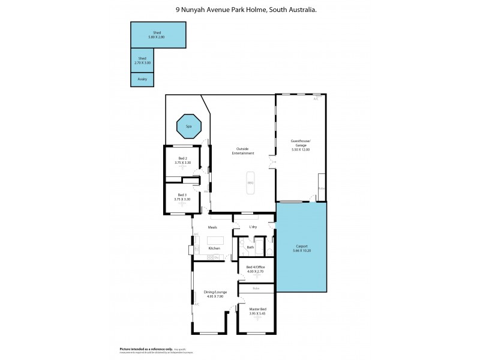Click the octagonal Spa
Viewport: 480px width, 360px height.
pyautogui.click(x=188, y=127)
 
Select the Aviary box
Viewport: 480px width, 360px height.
pyautogui.click(x=142, y=79)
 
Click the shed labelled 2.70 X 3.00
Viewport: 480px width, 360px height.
pyautogui.click(x=142, y=60)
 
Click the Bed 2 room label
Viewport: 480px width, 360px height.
pyautogui.click(x=182, y=159)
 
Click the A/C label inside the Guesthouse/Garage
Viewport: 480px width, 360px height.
pyautogui.click(x=316, y=99)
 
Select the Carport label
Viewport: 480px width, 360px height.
pyautogui.click(x=302, y=245)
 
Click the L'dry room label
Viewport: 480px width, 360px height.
pyautogui.click(x=253, y=227)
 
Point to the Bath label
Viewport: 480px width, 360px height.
pyautogui.click(x=250, y=247)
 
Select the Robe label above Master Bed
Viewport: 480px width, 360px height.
pyautogui.click(x=256, y=288)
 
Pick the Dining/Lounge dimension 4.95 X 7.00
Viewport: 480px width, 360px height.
pyautogui.click(x=214, y=296)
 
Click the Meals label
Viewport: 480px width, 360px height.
pyautogui.click(x=212, y=227)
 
